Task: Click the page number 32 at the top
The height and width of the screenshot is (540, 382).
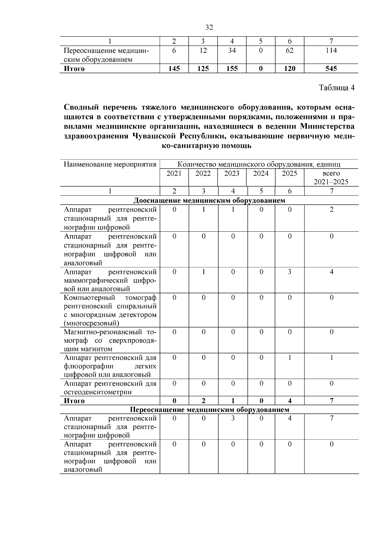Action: (x=209, y=27)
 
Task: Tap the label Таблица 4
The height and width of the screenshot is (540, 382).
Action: (x=337, y=88)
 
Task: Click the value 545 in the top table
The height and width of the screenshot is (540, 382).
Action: (x=331, y=69)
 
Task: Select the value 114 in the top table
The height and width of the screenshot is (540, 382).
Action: (x=331, y=51)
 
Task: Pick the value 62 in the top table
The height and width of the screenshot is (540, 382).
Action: (x=289, y=51)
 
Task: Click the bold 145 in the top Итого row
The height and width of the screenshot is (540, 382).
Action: (x=174, y=69)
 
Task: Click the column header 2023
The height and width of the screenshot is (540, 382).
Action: (x=232, y=173)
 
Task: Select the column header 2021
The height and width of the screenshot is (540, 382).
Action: (x=174, y=173)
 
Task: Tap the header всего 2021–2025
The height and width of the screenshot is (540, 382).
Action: (x=331, y=178)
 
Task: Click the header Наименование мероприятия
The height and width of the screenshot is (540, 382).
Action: (x=110, y=165)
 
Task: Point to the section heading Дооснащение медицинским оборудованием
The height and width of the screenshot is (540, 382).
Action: (x=209, y=200)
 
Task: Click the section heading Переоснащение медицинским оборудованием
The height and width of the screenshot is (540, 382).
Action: (x=209, y=410)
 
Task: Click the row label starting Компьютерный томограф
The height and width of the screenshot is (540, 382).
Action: (x=110, y=310)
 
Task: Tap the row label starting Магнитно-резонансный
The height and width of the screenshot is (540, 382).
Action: (x=110, y=340)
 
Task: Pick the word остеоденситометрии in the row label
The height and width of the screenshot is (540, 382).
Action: (x=98, y=392)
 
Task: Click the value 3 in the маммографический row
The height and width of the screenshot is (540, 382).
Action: (x=289, y=272)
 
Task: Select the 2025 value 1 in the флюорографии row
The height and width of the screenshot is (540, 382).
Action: (x=289, y=358)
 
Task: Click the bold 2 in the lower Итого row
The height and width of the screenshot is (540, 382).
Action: (x=203, y=401)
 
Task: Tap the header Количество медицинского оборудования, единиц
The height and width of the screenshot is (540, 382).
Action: (x=259, y=165)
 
